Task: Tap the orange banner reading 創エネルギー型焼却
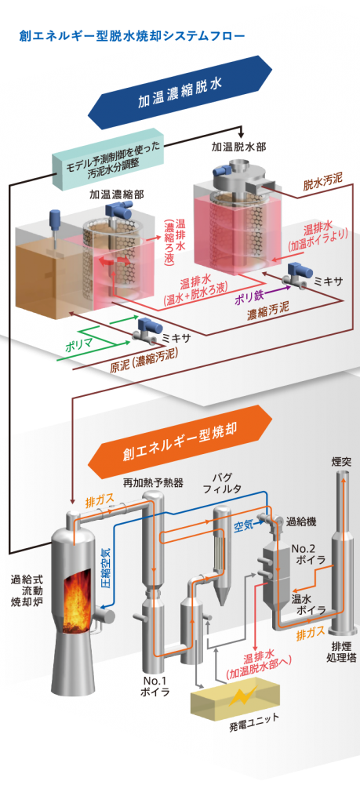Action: [180, 441]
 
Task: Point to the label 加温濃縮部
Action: [116, 194]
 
